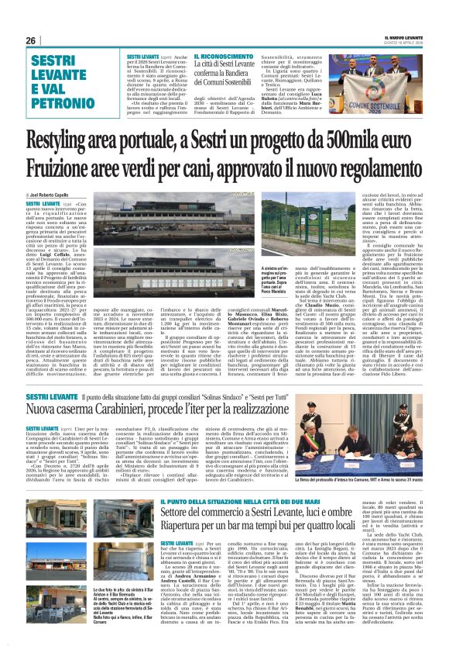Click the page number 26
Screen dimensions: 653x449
(30, 40)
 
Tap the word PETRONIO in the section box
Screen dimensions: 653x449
(57, 100)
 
